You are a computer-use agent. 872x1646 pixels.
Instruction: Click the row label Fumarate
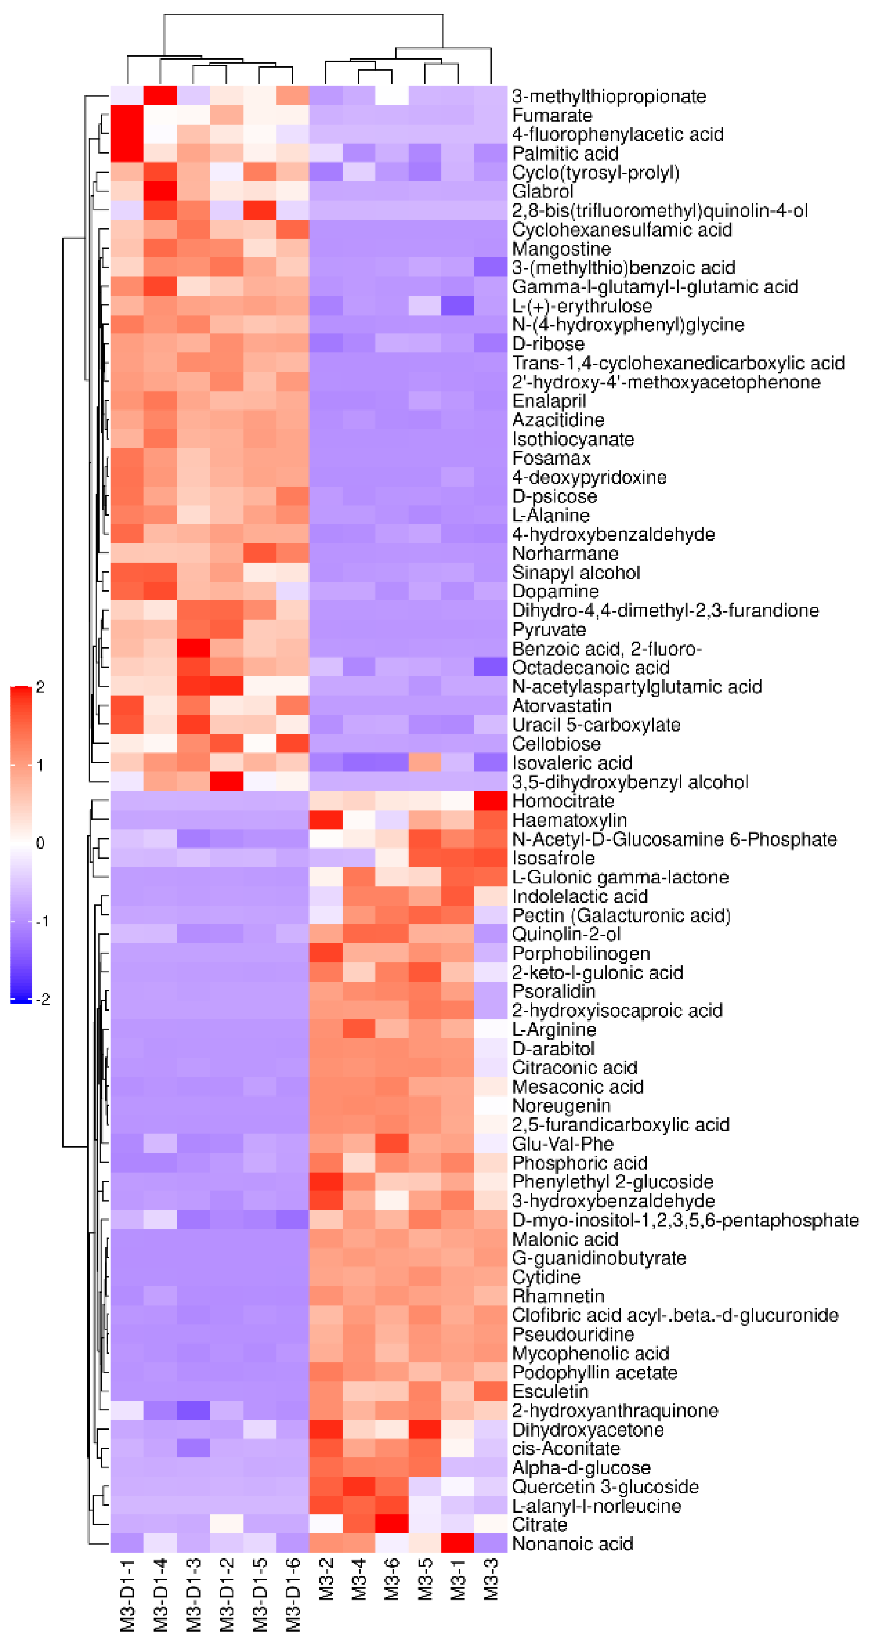[x=552, y=116]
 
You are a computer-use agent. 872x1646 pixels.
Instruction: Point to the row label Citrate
[x=539, y=1525]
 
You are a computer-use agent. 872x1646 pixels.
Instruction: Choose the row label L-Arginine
[x=554, y=1029]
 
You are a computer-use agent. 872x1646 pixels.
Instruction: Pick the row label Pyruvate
[x=549, y=629]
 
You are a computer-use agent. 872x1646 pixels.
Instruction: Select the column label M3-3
[x=490, y=1578]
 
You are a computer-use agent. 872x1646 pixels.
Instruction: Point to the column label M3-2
[x=326, y=1578]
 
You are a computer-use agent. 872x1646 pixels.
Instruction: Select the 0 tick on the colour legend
[x=40, y=843]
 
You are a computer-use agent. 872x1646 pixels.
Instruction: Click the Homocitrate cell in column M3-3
[x=490, y=801]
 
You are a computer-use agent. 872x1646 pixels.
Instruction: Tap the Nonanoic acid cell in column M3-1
[x=457, y=1544]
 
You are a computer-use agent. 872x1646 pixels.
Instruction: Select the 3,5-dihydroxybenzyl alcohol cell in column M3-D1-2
[x=226, y=781]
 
